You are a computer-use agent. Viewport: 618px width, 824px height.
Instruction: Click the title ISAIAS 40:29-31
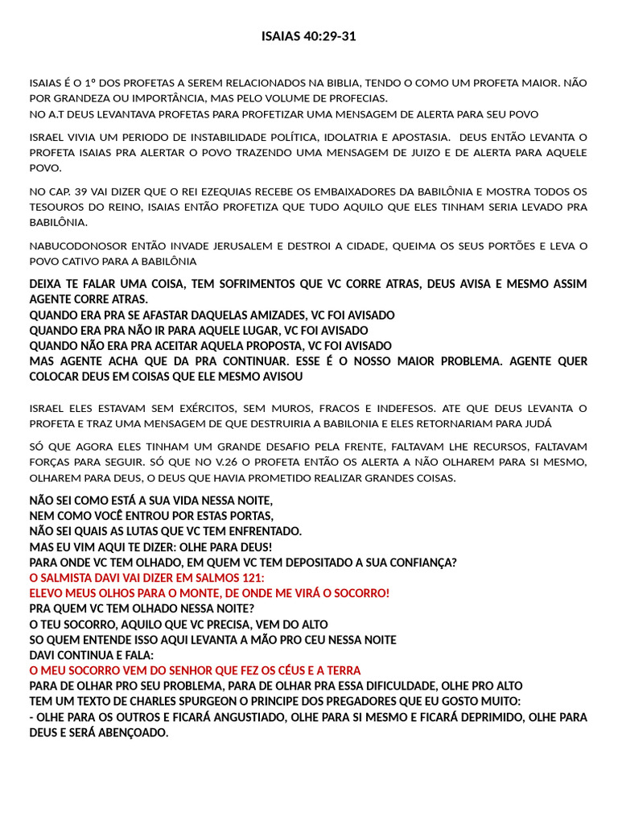[309, 36]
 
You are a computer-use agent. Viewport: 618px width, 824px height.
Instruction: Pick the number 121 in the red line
[251, 578]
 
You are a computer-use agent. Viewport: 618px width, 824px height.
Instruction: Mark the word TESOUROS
[58, 207]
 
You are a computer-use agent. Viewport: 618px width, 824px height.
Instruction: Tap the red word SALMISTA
[69, 578]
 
